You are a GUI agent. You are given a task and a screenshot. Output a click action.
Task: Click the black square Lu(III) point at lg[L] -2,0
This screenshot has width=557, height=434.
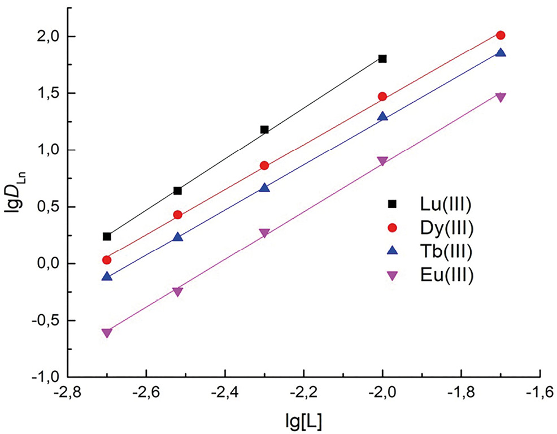pos(382,59)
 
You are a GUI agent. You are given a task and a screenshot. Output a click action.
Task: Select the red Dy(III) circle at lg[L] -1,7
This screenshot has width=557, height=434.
pos(501,36)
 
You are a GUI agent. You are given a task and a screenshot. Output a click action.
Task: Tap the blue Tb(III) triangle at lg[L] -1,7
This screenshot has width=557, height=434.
pos(501,53)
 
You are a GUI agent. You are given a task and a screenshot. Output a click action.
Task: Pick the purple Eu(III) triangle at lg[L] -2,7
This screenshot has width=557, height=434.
pos(107,333)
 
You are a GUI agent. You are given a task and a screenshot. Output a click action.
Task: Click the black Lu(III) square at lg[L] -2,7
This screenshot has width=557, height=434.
pos(107,236)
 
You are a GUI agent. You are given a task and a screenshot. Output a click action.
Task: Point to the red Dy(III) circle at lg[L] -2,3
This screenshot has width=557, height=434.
pos(264,166)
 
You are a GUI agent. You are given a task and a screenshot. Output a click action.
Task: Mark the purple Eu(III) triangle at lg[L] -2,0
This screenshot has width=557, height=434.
pos(382,161)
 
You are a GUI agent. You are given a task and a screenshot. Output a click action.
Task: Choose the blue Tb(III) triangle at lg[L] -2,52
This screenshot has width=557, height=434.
pos(178,237)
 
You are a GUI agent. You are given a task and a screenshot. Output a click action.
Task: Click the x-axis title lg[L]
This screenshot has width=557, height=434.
pos(304,420)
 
